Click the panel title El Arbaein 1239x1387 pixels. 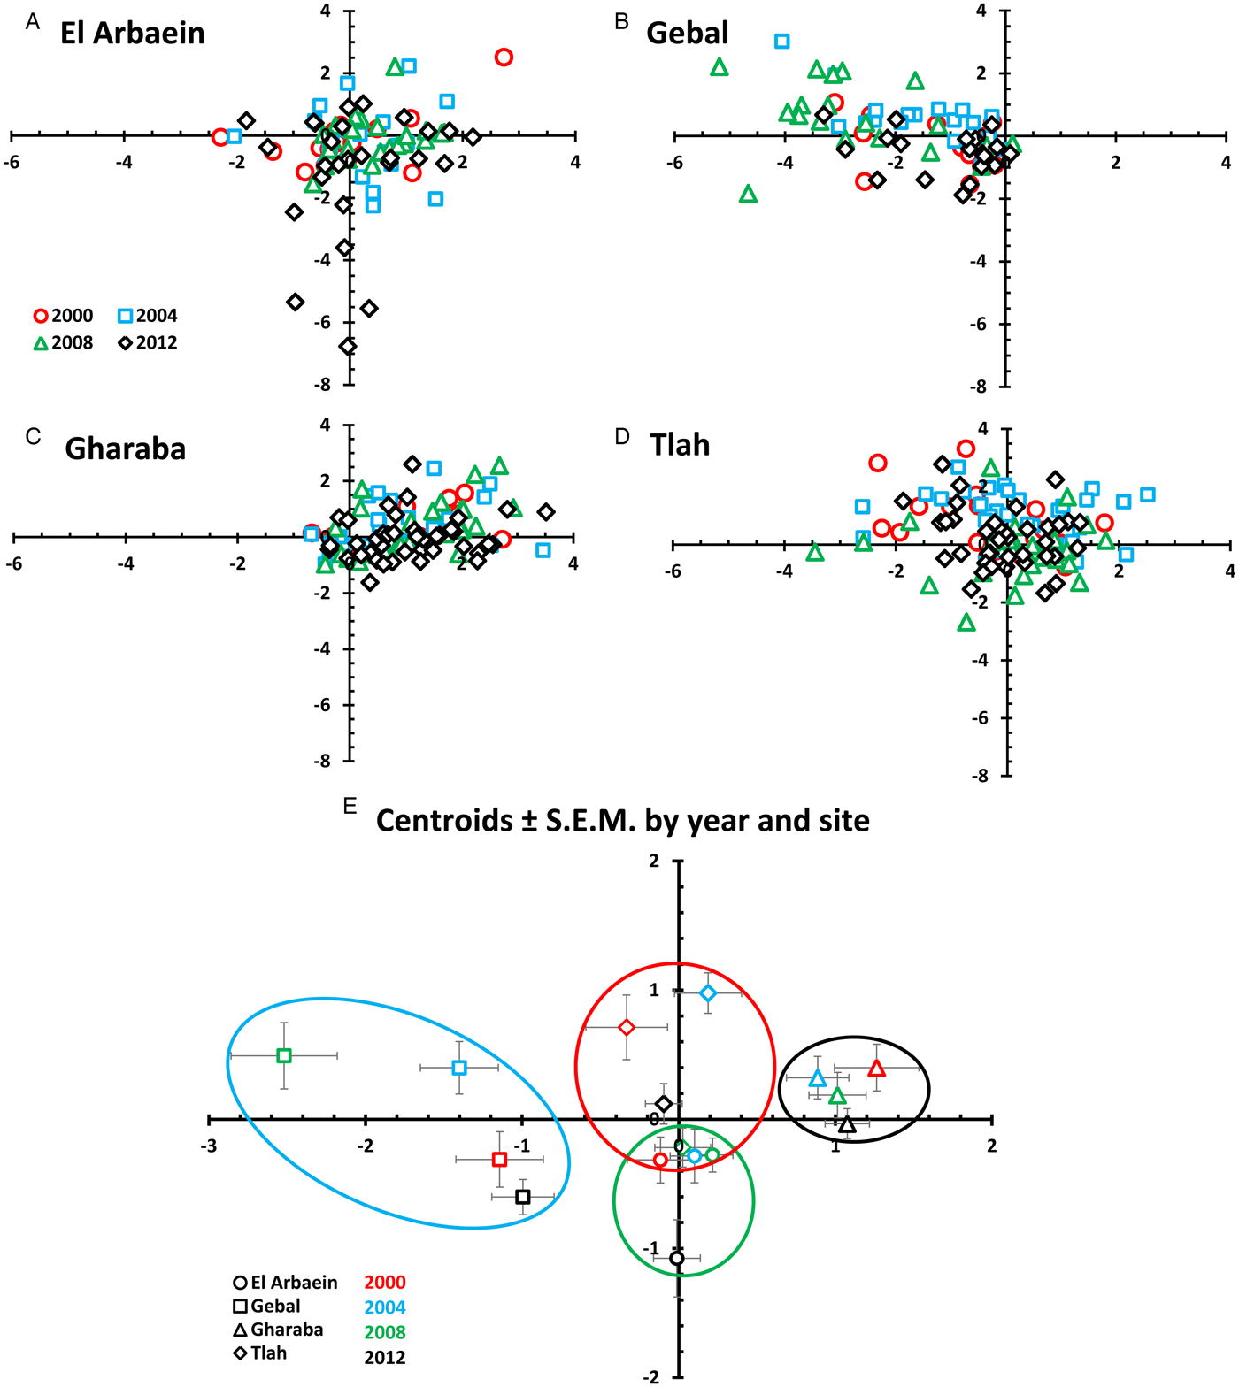pos(132,34)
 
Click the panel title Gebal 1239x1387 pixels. pos(687,34)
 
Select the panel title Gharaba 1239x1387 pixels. pos(125,449)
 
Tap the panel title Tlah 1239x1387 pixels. pos(679,445)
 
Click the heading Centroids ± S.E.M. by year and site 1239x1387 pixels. pos(622,821)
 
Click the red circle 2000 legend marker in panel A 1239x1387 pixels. pos(41,316)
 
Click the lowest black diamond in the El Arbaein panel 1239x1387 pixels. pos(348,346)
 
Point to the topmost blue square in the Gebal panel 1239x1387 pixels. pos(781,42)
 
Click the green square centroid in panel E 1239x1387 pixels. pos(283,1055)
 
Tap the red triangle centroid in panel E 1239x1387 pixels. pos(876,1069)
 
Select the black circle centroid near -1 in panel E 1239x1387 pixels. pos(677,1258)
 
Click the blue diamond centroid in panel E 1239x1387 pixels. pos(708,993)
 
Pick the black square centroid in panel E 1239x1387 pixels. pos(523,1197)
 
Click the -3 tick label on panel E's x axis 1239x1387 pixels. pos(208,1146)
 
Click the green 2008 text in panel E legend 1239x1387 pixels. pos(385,1332)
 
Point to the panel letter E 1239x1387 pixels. pos(350,805)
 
